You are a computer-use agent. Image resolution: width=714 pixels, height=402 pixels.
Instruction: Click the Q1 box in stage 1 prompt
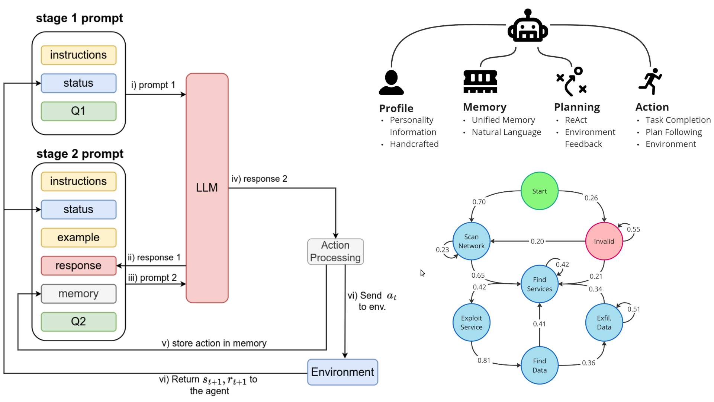[78, 111]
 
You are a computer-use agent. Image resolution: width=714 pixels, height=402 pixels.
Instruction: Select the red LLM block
[207, 188]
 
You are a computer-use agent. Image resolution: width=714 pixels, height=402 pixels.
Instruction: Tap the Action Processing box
[335, 252]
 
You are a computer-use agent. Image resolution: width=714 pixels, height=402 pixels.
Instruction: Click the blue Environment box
[342, 372]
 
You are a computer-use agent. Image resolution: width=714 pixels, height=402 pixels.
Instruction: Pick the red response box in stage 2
[78, 265]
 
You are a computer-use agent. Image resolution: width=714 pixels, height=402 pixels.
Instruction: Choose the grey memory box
[78, 294]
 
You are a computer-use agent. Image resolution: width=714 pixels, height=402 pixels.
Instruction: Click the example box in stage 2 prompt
[78, 237]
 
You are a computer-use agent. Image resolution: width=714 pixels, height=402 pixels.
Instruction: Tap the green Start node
[539, 191]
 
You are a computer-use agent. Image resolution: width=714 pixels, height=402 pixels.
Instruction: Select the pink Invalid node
[604, 241]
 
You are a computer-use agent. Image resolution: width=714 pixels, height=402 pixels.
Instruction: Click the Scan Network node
[471, 241]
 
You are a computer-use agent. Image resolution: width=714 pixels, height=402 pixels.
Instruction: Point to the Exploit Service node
[471, 322]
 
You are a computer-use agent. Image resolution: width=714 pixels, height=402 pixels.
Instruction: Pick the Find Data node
[539, 366]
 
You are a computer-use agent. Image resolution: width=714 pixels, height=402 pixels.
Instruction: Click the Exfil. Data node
[604, 322]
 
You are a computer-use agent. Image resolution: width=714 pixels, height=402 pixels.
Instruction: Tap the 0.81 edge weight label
[484, 360]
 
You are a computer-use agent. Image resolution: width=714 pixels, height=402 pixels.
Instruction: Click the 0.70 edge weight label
[479, 202]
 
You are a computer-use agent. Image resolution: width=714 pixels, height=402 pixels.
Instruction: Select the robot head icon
[528, 27]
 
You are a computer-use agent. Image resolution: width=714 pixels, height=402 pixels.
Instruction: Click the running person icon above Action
[650, 81]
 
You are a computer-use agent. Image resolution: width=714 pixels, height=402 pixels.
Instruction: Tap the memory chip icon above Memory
[480, 81]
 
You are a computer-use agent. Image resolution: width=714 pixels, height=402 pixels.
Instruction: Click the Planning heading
[577, 107]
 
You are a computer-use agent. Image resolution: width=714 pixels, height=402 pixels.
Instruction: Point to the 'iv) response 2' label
[259, 179]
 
